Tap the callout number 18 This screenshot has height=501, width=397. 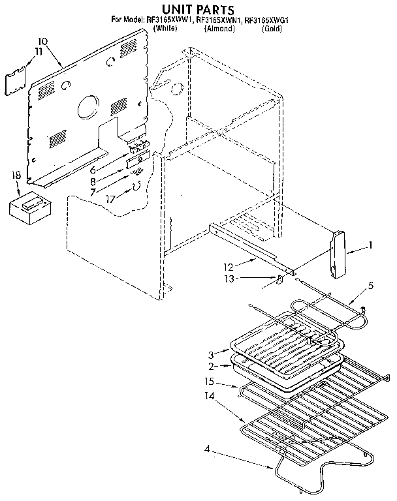(x=16, y=175)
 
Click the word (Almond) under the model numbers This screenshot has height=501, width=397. (x=219, y=29)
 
